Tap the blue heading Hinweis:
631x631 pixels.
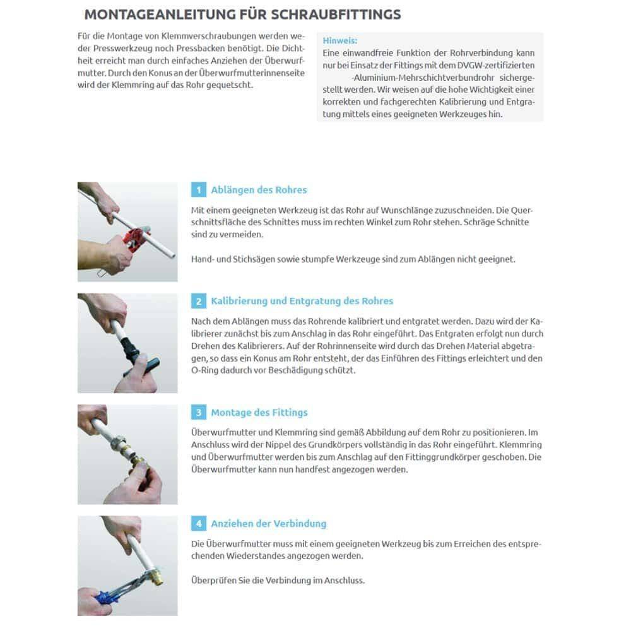click(340, 40)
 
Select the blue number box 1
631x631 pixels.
click(198, 190)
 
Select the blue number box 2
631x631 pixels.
click(198, 302)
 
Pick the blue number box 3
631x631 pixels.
click(198, 413)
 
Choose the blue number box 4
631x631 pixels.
click(198, 524)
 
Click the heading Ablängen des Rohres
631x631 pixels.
click(259, 190)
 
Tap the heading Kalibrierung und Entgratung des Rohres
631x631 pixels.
click(302, 301)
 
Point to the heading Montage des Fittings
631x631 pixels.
click(259, 413)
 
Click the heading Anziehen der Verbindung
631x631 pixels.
click(269, 524)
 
